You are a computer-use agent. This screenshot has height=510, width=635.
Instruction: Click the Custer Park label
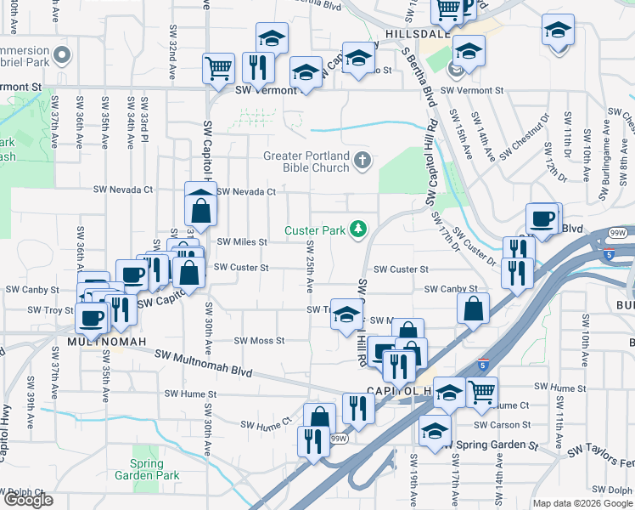tap(315, 230)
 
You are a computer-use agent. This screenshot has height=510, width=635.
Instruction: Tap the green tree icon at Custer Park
tap(359, 229)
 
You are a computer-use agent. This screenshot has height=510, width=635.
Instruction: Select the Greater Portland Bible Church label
tap(306, 161)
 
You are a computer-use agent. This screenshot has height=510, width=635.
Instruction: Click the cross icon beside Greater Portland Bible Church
tap(362, 159)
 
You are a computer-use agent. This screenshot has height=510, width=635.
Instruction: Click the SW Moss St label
tap(259, 341)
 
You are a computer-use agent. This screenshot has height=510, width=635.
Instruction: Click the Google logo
tap(28, 500)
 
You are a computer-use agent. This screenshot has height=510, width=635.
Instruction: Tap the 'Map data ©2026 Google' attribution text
tap(582, 503)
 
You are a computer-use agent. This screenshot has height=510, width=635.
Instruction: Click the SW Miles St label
tap(242, 241)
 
